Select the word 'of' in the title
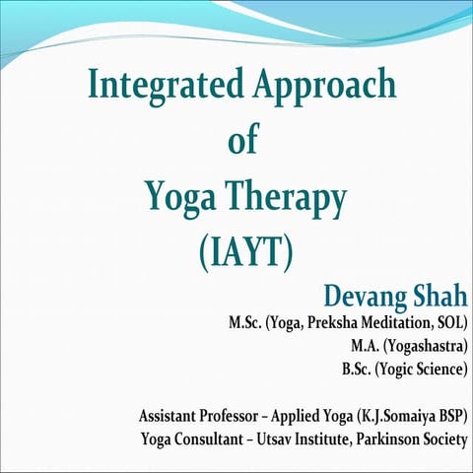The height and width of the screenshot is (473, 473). [242, 142]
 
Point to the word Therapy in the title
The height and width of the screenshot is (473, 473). [286, 199]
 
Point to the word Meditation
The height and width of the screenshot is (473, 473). [400, 322]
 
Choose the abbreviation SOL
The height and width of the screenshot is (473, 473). [450, 322]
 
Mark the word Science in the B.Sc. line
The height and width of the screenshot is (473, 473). [438, 370]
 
